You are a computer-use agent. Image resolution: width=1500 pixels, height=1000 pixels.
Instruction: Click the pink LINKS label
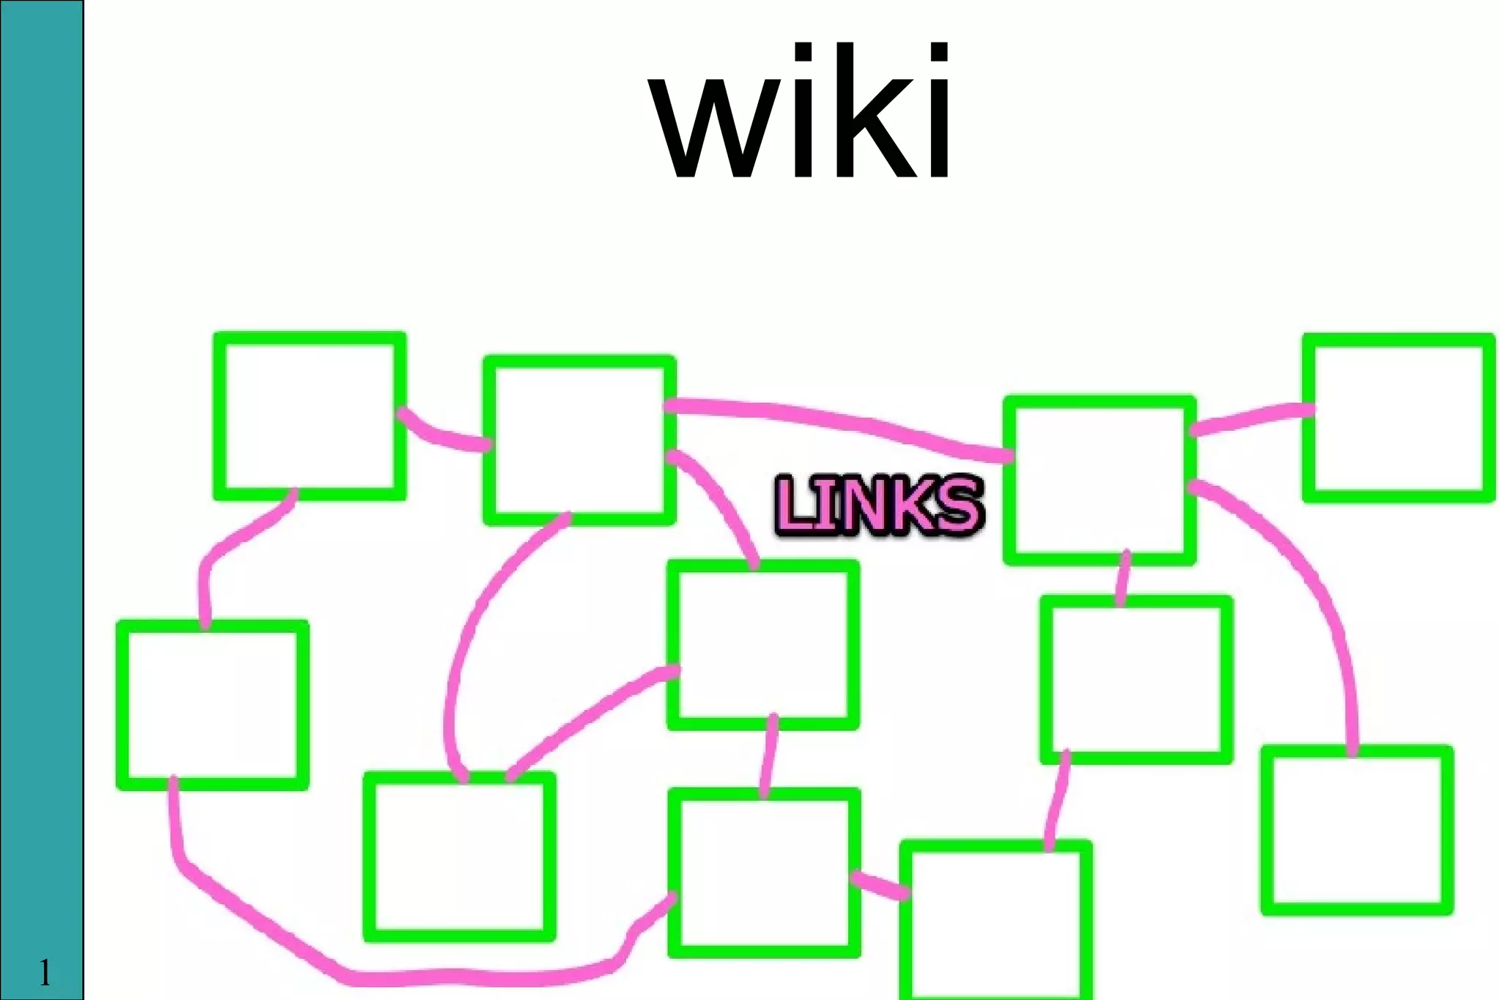click(878, 505)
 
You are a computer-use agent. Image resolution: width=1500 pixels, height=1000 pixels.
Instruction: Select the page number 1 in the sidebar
click(45, 973)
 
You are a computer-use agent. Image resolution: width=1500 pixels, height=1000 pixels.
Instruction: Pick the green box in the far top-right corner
click(1397, 418)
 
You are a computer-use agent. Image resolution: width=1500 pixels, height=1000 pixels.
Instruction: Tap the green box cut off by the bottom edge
click(995, 923)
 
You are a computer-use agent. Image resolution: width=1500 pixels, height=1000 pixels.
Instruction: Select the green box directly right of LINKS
click(1099, 481)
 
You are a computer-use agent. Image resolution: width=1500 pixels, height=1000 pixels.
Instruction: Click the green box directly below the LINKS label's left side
click(762, 645)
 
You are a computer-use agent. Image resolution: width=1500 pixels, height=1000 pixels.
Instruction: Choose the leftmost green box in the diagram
click(212, 705)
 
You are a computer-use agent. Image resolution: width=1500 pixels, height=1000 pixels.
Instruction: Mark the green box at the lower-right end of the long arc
click(1356, 830)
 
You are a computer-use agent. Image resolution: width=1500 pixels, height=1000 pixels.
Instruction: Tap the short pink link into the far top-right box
click(1249, 419)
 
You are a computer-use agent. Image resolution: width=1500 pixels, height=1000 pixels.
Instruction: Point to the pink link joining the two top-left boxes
click(439, 435)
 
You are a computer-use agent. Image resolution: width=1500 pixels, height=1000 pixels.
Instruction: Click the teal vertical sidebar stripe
click(41, 440)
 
